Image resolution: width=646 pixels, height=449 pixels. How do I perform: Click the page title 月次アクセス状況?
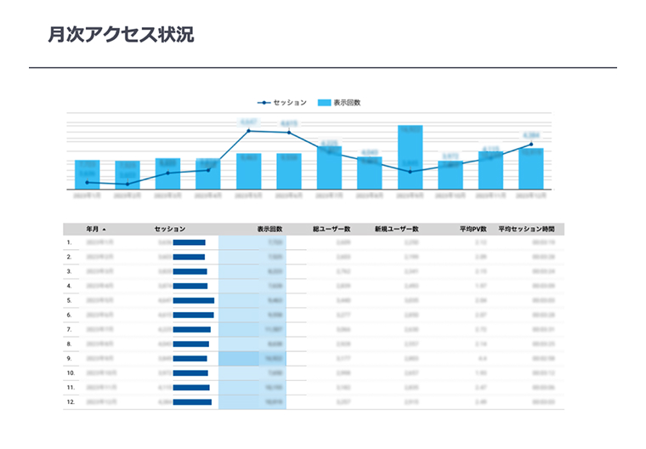point(122,35)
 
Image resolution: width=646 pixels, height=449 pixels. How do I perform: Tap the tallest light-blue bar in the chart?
point(410,157)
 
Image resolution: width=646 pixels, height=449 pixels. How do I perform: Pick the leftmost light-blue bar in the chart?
point(87,174)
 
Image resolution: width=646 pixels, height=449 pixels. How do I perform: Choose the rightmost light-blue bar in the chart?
point(530,168)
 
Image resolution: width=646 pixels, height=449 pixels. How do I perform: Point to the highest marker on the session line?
point(248,130)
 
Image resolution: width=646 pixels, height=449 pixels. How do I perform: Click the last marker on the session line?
point(531,145)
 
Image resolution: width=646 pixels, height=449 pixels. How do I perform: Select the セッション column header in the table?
point(170,229)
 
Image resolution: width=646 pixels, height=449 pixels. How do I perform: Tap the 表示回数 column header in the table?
point(269,229)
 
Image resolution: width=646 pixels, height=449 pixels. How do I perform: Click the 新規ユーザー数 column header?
point(397,229)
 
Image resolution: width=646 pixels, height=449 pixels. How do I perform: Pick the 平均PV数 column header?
point(471,229)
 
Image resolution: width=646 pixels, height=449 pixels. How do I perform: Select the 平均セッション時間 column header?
point(527,229)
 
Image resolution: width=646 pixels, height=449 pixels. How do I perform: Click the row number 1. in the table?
point(69,242)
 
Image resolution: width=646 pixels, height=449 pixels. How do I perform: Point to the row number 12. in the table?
point(70,401)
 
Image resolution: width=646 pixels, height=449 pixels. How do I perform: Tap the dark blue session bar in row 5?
point(194,300)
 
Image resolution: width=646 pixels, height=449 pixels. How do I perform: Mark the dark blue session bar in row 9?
point(190,358)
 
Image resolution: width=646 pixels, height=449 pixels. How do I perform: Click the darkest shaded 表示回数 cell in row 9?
point(252,358)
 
